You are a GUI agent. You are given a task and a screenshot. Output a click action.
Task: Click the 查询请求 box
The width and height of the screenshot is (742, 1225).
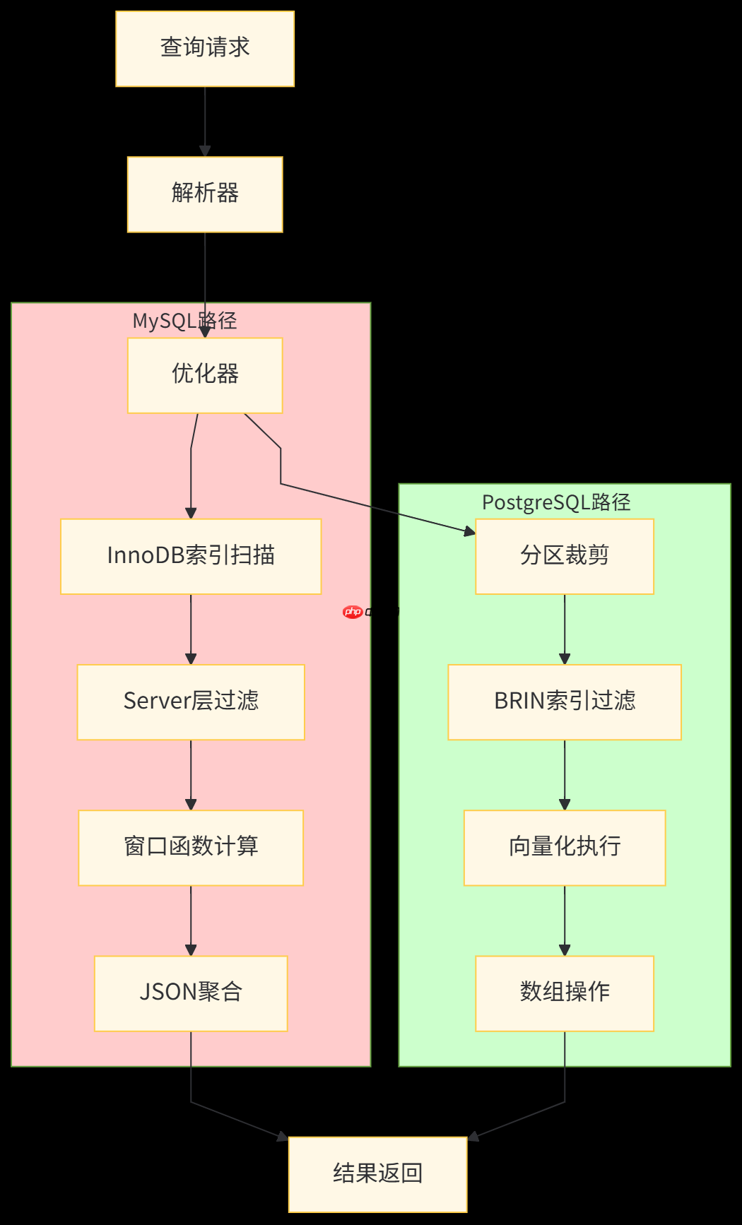click(205, 49)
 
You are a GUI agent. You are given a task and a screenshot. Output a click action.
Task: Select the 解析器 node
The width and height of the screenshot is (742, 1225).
click(205, 194)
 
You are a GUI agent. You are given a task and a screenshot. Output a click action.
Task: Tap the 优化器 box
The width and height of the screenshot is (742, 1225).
click(205, 375)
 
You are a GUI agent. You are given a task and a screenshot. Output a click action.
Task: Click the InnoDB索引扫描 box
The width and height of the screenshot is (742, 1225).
click(191, 556)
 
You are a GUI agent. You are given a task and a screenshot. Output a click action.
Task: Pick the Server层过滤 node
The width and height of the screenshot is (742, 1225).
click(191, 702)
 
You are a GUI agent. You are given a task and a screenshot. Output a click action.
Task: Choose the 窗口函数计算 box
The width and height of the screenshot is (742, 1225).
click(191, 847)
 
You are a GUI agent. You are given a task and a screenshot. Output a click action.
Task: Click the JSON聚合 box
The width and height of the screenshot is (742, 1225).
click(191, 993)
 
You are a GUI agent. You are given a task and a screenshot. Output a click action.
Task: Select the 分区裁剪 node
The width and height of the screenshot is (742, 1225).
click(564, 556)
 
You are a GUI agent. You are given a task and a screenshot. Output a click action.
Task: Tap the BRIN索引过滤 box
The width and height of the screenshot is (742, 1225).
click(564, 702)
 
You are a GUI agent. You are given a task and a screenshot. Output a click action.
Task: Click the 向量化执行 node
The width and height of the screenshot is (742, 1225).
click(564, 847)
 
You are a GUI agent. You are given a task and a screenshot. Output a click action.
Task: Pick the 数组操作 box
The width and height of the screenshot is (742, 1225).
click(564, 993)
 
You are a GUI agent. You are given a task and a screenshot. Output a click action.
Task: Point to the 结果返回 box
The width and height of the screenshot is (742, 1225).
click(377, 1173)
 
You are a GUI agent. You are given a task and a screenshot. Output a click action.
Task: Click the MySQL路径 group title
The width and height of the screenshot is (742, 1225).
click(185, 321)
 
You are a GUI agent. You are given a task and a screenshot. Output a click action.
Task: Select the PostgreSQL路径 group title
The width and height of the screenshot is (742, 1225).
click(556, 502)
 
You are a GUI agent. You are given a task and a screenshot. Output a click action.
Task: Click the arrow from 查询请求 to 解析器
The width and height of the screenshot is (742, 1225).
click(205, 120)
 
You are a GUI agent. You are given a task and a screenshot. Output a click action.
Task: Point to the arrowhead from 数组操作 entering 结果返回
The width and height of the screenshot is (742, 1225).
click(473, 1136)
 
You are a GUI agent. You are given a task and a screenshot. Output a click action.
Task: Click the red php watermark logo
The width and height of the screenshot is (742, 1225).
click(353, 612)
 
